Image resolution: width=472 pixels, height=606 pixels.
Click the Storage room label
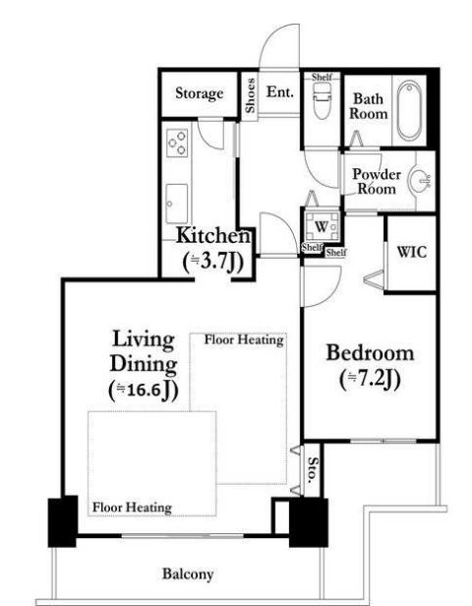(x=200, y=93)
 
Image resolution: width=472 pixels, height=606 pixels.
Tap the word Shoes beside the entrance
(x=250, y=95)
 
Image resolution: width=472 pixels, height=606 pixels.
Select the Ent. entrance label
(x=280, y=92)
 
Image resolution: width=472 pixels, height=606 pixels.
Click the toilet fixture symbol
(x=322, y=101)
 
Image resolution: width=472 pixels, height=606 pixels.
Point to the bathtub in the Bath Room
(x=409, y=110)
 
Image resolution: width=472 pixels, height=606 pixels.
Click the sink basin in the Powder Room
(x=420, y=180)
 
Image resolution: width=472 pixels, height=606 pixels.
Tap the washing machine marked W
(x=322, y=227)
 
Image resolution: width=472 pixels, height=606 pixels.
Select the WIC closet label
(x=412, y=252)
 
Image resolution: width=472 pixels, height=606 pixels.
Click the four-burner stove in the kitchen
(x=177, y=143)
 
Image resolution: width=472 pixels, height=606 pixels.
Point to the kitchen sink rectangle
(x=177, y=204)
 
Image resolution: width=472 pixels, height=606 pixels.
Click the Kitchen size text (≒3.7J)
(x=212, y=263)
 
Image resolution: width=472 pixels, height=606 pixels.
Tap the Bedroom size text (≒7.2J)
(x=370, y=380)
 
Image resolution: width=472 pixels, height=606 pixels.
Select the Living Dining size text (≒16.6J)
(x=144, y=391)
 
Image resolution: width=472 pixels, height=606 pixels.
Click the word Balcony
(x=188, y=574)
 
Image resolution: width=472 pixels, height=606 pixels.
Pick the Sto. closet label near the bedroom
(x=313, y=470)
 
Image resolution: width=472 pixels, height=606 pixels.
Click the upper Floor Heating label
(x=244, y=340)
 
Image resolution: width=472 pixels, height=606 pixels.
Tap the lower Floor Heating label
(x=132, y=507)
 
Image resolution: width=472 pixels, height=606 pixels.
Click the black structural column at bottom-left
(x=63, y=521)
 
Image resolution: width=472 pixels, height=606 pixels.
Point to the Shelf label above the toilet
(x=322, y=77)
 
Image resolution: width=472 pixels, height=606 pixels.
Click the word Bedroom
(x=370, y=353)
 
